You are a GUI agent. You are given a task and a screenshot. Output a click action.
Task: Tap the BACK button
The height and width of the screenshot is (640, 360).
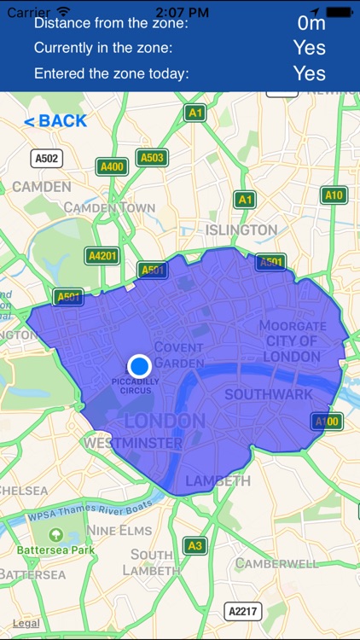tap(55, 121)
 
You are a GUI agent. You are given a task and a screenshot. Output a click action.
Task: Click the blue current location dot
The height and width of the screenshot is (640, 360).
tap(139, 365)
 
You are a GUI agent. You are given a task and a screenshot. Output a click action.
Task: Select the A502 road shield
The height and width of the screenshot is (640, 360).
tap(47, 158)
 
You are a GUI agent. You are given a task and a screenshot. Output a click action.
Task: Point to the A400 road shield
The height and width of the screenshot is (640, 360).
tap(112, 166)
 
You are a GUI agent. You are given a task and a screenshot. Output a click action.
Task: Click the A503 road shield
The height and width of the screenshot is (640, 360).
tap(152, 158)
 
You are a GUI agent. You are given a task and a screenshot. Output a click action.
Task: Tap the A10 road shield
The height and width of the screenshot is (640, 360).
tap(334, 195)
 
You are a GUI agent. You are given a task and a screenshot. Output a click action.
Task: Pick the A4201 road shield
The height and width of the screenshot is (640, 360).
tap(103, 256)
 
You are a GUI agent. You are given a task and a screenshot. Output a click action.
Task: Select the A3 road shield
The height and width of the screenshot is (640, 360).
tap(195, 545)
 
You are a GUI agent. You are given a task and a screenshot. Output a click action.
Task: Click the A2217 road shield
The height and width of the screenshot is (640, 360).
tap(243, 611)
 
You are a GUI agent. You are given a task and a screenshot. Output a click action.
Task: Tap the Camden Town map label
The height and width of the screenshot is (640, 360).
tap(109, 207)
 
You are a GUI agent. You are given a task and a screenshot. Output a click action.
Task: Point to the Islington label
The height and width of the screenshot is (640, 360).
tap(241, 230)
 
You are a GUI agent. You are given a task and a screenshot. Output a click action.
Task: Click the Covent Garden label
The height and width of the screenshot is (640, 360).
tap(178, 355)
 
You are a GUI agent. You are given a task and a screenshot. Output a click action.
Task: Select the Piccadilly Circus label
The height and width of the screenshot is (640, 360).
tap(136, 386)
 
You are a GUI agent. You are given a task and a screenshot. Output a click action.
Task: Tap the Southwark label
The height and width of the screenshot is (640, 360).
tap(268, 394)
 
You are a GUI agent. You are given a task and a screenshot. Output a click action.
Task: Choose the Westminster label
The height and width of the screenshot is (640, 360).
tap(133, 444)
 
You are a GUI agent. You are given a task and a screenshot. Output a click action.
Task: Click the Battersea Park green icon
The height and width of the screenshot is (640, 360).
tap(55, 535)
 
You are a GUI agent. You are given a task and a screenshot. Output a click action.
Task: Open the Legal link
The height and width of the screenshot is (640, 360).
tap(26, 624)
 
